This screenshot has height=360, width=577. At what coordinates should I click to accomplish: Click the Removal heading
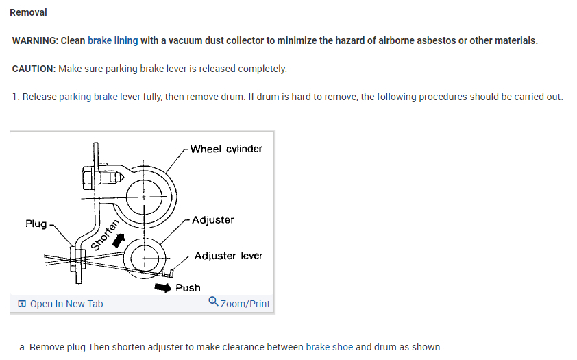click(28, 12)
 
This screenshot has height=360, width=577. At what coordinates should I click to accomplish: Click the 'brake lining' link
click(112, 40)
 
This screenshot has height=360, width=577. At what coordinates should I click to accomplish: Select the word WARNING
click(34, 40)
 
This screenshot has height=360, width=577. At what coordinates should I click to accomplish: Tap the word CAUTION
click(34, 69)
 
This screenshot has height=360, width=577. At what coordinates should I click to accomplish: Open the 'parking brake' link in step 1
click(88, 97)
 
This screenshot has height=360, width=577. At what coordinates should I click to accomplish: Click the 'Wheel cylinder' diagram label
click(226, 149)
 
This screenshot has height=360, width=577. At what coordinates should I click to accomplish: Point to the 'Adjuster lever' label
click(228, 256)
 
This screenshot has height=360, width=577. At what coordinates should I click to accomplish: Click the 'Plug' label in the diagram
click(36, 224)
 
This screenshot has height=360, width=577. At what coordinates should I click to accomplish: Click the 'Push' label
click(188, 287)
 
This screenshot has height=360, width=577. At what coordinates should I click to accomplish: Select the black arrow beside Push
click(163, 287)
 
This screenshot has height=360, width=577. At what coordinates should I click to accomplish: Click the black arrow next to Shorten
click(120, 239)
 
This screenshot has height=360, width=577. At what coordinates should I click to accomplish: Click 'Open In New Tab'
click(66, 304)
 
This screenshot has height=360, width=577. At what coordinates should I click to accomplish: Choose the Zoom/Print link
click(245, 304)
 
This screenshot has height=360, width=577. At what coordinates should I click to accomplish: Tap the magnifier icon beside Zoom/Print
click(213, 302)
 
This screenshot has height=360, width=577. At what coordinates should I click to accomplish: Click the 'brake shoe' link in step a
click(329, 347)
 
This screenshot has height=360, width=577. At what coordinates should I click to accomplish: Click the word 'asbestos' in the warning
click(435, 40)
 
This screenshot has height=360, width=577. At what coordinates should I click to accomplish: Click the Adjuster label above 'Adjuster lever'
click(213, 220)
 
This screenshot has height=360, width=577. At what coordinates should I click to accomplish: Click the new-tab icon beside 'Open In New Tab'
click(22, 304)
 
